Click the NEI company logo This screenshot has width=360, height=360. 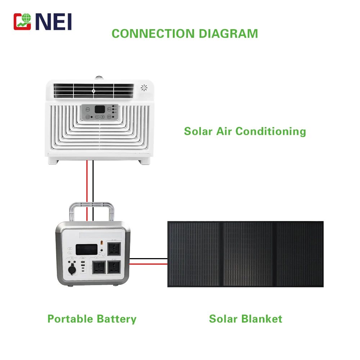42,22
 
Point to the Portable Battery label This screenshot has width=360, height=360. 92,319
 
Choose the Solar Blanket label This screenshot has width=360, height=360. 246,319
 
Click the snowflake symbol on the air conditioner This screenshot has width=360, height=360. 144,87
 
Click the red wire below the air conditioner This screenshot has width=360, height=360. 86,180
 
